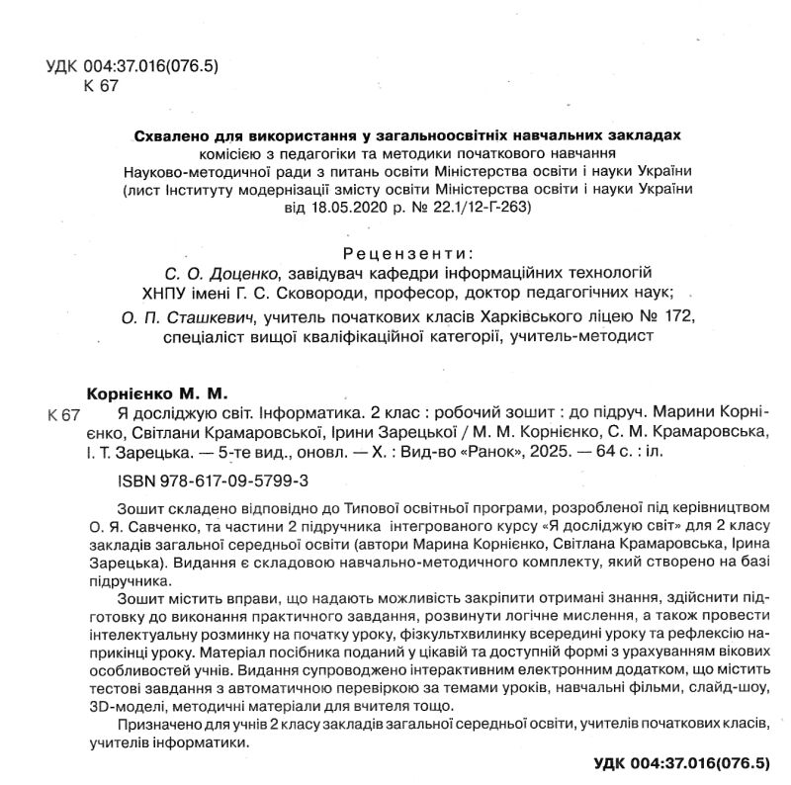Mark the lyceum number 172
point(678,318)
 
